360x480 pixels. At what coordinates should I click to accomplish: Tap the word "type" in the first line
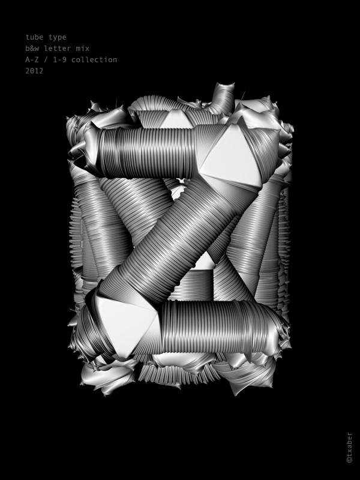(x=58, y=37)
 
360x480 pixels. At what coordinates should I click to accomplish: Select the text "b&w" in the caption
(x=32, y=49)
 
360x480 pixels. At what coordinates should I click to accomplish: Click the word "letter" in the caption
(x=58, y=49)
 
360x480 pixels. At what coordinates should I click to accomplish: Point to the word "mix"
(x=83, y=49)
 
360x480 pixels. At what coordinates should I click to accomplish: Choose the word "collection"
(x=94, y=59)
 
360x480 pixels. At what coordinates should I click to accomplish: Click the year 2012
(x=34, y=71)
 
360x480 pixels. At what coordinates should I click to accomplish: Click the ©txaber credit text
(x=349, y=447)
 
